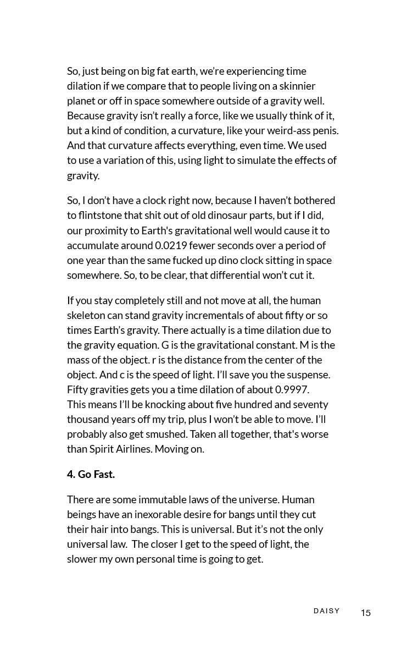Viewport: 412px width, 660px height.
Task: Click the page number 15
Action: [366, 613]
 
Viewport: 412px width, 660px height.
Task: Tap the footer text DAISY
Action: [327, 611]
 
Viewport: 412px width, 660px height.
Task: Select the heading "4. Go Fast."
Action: [91, 474]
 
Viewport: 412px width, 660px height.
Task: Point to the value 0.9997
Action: [292, 389]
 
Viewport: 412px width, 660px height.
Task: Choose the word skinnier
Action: [297, 86]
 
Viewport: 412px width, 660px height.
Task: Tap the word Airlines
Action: [132, 449]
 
